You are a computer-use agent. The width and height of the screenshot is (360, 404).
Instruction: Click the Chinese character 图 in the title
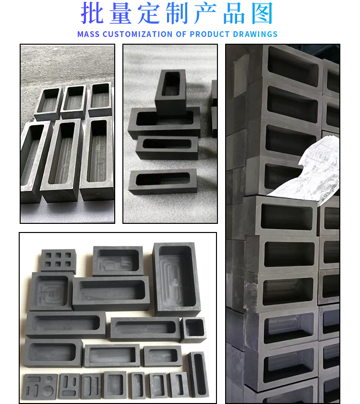(x=262, y=13)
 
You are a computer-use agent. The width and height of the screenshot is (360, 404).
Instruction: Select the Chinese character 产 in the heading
(x=205, y=13)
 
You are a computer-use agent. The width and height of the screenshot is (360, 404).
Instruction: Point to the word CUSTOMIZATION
(x=137, y=34)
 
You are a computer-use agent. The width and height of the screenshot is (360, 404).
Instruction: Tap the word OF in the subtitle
(x=181, y=34)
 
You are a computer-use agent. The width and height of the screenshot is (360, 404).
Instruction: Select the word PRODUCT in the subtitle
(x=210, y=34)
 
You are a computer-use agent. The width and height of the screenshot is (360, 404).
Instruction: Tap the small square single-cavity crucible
(x=193, y=330)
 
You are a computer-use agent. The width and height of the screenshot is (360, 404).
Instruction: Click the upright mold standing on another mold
(x=170, y=91)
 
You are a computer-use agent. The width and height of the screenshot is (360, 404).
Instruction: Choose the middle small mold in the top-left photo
(x=73, y=101)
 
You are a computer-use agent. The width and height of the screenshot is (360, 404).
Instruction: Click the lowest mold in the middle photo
(x=163, y=181)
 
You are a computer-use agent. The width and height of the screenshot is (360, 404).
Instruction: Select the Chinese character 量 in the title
(x=120, y=13)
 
